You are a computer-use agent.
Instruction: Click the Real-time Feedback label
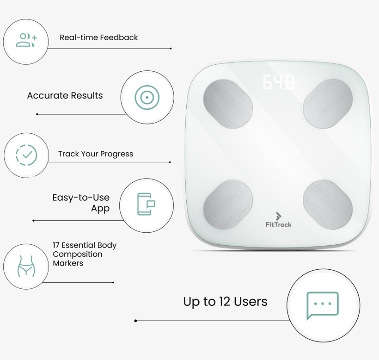click(98, 37)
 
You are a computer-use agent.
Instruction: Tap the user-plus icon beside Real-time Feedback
click(26, 40)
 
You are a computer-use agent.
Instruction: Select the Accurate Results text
click(65, 96)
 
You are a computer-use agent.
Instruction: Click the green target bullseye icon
click(147, 98)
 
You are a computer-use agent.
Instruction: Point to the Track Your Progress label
click(96, 154)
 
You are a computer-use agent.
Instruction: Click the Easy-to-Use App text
click(81, 203)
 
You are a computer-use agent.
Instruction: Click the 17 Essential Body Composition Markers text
click(85, 254)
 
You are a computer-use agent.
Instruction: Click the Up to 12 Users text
click(225, 302)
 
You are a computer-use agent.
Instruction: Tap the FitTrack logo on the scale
click(278, 220)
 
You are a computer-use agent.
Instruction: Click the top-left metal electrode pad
click(228, 104)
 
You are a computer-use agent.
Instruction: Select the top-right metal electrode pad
click(328, 104)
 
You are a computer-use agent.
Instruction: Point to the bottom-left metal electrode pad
click(228, 205)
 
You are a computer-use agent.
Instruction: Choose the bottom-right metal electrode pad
click(328, 205)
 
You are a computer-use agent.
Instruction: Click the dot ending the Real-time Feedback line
click(171, 49)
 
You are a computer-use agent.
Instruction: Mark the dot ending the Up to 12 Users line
click(135, 321)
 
